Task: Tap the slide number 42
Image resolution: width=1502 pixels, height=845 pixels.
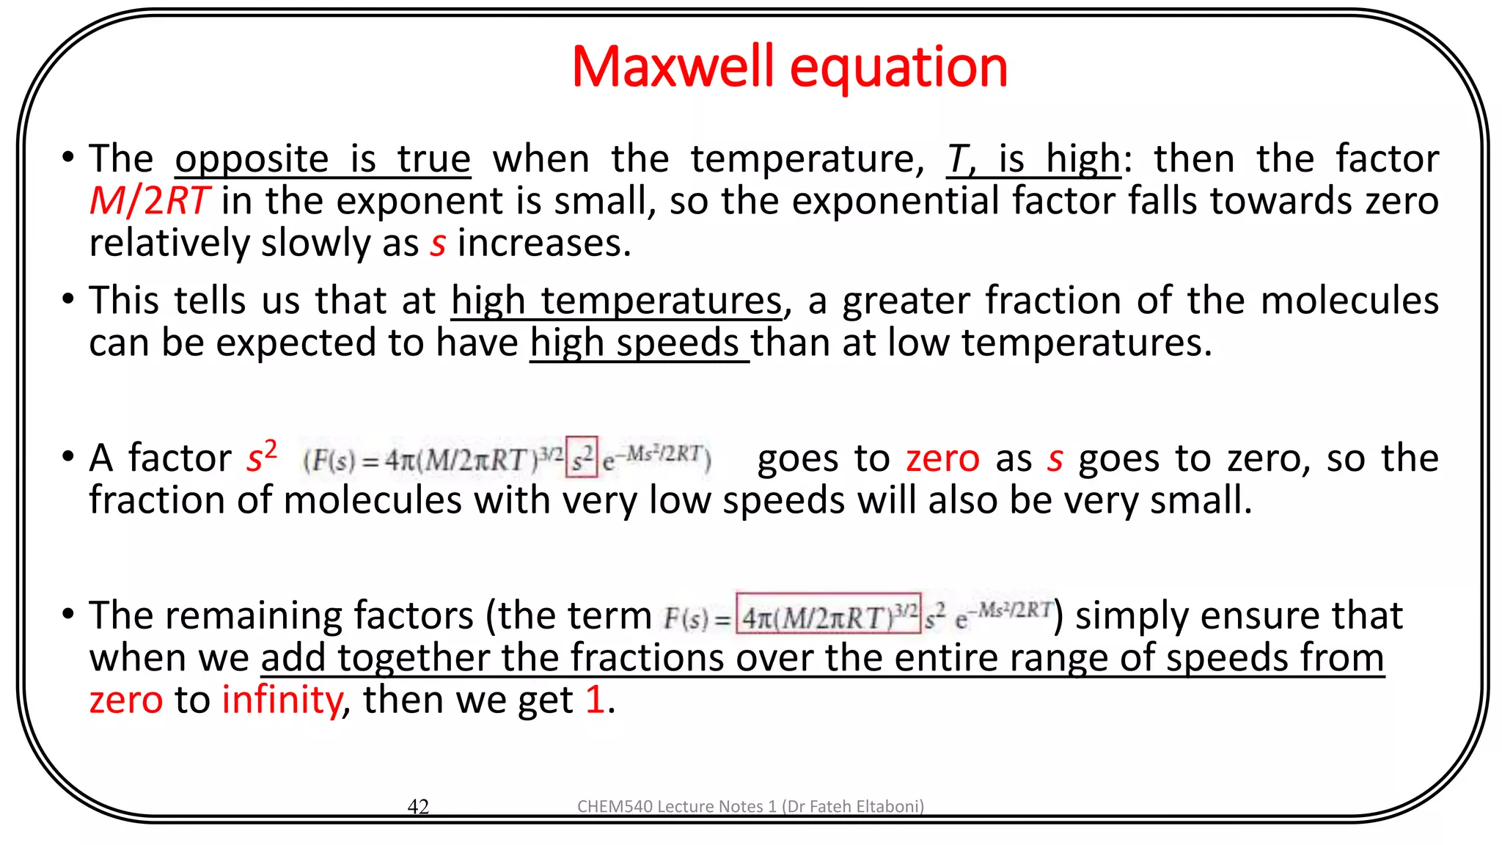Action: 418,806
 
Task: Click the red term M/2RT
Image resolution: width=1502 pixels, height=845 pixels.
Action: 149,201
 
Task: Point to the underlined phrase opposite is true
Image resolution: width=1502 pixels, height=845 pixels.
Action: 323,159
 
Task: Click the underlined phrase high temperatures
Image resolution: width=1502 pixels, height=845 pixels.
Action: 617,301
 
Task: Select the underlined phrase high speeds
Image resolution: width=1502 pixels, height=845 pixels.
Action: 635,343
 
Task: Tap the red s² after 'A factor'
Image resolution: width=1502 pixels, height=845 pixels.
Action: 261,457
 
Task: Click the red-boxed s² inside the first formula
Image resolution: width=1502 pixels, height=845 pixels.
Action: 582,458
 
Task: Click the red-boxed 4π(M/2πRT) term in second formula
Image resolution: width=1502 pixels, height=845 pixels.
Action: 828,615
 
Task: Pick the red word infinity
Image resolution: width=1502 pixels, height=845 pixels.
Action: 282,700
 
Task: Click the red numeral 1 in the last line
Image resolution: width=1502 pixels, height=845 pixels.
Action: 595,700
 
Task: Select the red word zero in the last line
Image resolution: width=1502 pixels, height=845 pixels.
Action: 125,700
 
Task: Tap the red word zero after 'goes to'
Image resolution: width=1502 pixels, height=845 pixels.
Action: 942,459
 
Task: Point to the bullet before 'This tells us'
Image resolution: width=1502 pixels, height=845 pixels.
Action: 68,300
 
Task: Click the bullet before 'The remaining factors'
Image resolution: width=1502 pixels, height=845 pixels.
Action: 68,614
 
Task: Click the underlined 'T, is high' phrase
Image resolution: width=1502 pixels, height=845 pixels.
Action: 1033,159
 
